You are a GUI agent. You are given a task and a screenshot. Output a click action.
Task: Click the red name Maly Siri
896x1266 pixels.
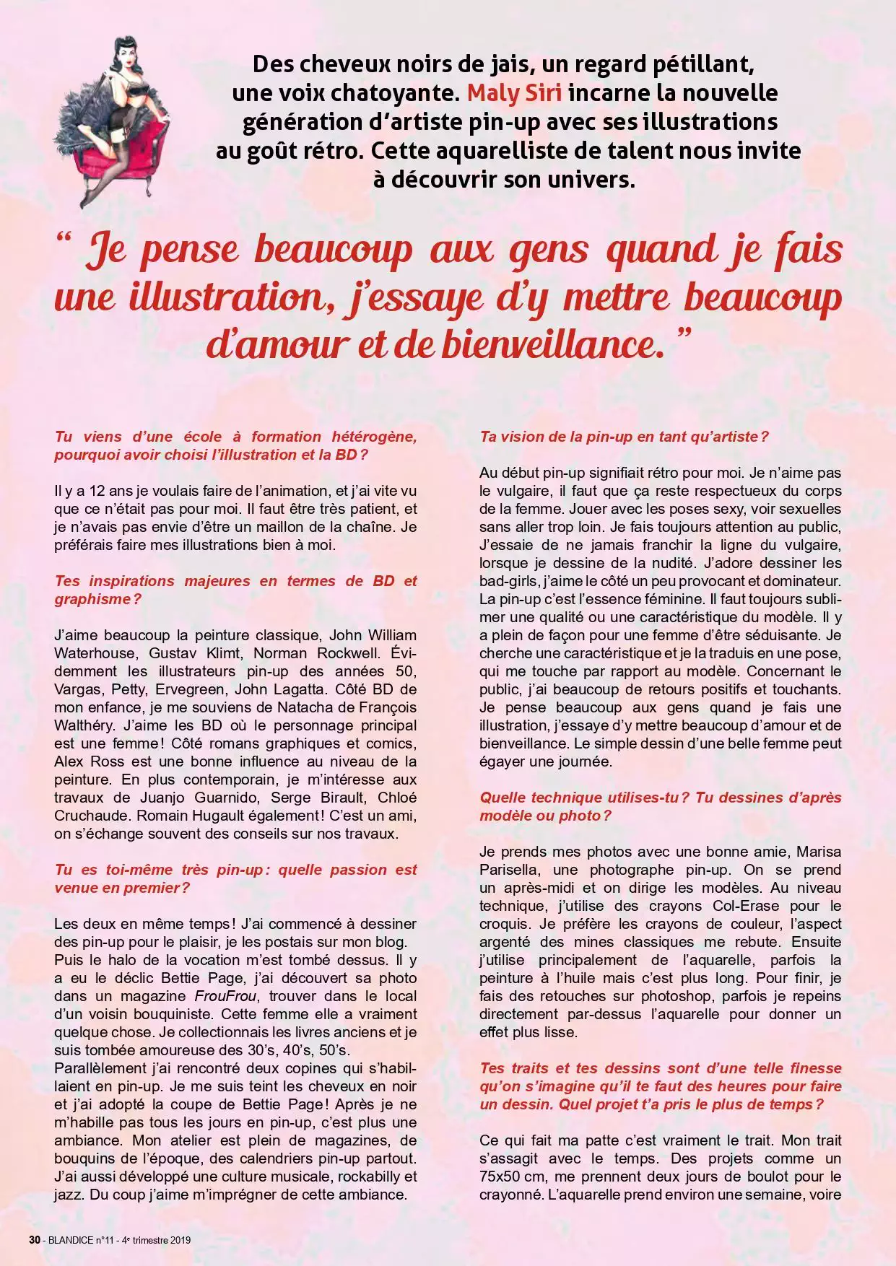tap(515, 93)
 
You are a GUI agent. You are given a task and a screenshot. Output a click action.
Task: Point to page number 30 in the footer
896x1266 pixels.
tap(34, 1240)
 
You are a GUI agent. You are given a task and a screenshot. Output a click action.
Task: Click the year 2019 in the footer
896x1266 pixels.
tap(180, 1240)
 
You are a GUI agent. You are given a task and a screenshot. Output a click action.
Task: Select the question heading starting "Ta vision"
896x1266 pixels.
tap(624, 437)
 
